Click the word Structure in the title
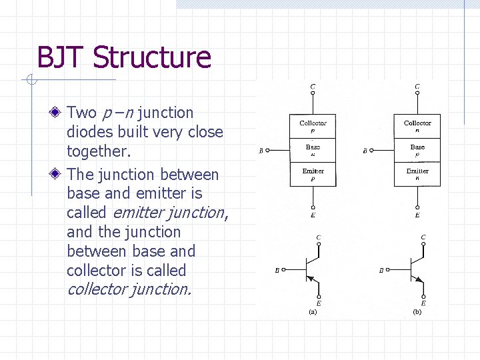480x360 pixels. (152, 57)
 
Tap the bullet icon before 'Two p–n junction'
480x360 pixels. (59, 113)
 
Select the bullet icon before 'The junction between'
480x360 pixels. (59, 175)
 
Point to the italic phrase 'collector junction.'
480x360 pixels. (129, 289)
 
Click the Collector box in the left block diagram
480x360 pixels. (313, 126)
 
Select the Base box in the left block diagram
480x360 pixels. (313, 149)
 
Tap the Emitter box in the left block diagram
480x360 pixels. (313, 173)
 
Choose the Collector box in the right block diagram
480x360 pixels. (417, 126)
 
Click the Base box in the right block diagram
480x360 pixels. (417, 149)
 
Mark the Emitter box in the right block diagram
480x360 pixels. (417, 173)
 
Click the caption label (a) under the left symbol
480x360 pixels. (313, 311)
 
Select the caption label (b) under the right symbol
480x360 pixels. (417, 311)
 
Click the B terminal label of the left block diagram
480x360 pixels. (261, 151)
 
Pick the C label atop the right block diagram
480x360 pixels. (417, 87)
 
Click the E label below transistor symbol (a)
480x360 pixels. (319, 304)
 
